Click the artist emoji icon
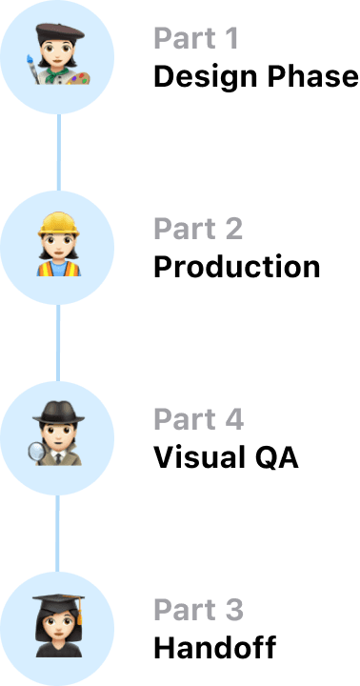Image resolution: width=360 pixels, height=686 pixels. [58, 53]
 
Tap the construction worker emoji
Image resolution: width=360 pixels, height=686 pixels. [58, 244]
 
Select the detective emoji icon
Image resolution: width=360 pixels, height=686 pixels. [57, 434]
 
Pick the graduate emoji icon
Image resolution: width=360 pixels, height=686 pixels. [58, 625]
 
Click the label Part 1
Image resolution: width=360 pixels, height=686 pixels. [195, 38]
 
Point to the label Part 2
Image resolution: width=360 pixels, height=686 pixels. [198, 229]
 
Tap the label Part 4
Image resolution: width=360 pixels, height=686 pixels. [199, 418]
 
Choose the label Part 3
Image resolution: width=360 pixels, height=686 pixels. [199, 610]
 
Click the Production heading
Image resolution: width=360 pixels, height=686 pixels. [236, 267]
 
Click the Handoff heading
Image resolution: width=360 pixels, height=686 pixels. [215, 648]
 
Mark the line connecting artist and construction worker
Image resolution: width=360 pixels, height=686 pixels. [59, 152]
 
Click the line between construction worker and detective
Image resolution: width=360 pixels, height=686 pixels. [58, 343]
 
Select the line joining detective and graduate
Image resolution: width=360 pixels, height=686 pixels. [57, 534]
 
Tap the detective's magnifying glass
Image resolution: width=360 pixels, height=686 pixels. [37, 453]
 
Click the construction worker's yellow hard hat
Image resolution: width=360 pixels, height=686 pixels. [58, 224]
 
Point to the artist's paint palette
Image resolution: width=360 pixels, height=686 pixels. [79, 79]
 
